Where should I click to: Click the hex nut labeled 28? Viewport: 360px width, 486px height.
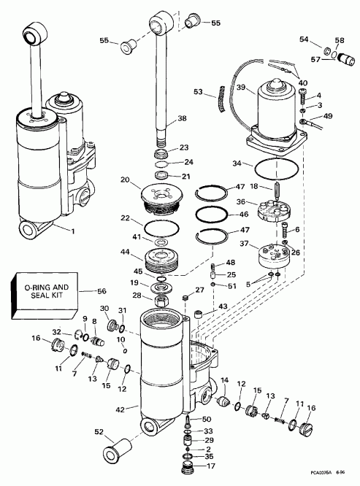tap(158, 298)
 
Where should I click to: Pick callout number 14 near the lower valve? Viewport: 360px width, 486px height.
tap(225, 379)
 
